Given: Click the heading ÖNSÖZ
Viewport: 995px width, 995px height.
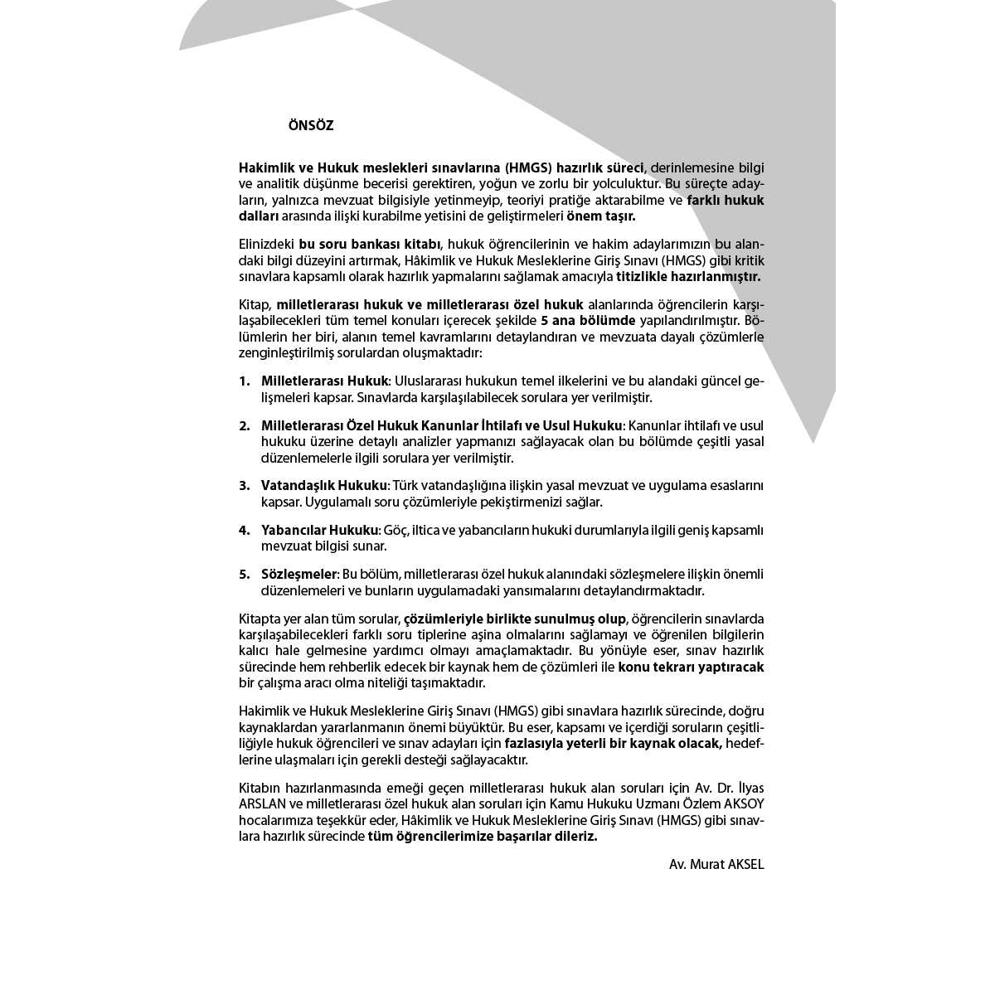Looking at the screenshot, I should click(x=311, y=126).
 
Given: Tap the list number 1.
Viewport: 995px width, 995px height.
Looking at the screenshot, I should click(x=244, y=381).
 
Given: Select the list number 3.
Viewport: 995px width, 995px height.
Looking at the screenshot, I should click(x=244, y=486).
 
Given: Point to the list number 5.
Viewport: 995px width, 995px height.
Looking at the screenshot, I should click(x=244, y=575).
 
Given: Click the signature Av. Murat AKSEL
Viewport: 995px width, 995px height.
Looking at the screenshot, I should click(x=716, y=865).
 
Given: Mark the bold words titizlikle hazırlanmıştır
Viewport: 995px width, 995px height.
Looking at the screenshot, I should click(x=688, y=277).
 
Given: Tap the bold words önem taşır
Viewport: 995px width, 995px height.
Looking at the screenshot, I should click(x=601, y=216).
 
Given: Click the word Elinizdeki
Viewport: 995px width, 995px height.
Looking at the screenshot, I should click(x=266, y=245).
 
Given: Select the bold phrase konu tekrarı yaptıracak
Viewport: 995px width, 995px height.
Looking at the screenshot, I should click(x=692, y=667).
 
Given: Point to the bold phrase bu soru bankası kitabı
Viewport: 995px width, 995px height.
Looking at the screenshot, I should click(x=371, y=245).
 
